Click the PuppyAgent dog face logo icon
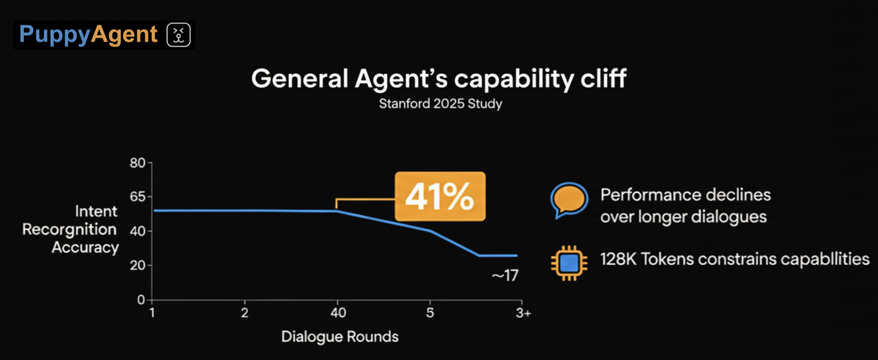(178, 35)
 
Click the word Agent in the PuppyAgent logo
(124, 35)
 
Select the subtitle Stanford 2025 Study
(440, 104)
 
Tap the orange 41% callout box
(440, 196)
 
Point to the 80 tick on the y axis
(138, 163)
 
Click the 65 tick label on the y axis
(138, 196)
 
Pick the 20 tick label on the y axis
(138, 266)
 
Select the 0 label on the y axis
(141, 300)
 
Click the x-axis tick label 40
(338, 313)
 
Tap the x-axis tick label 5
(430, 313)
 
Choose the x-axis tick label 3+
(523, 313)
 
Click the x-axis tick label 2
(245, 313)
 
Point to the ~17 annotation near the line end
(505, 275)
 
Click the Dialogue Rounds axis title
(340, 336)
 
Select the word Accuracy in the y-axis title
(85, 248)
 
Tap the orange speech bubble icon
(569, 199)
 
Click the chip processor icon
(569, 263)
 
